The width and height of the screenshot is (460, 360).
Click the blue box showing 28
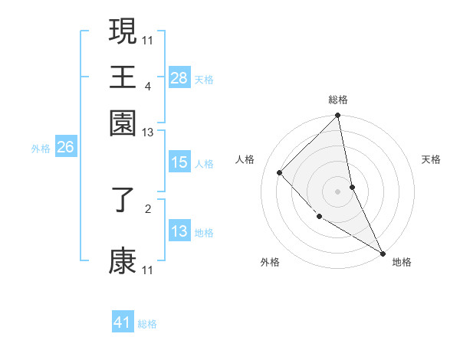coord(179,78)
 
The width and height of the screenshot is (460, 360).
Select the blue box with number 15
coord(179,163)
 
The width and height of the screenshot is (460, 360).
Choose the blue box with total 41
coord(123,323)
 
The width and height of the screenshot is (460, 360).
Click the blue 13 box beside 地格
coord(179,232)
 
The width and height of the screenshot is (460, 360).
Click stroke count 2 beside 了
coord(148,207)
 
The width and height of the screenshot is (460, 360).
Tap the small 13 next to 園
coord(148,133)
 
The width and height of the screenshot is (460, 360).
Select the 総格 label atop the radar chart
coord(338,100)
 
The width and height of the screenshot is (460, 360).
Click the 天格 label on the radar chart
coord(431,159)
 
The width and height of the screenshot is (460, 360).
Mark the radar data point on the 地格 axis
coord(382,252)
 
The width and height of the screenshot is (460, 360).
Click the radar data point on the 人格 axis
coord(280,173)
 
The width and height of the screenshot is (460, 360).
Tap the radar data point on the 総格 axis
coord(338,116)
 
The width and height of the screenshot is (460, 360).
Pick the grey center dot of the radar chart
coord(338,191)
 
